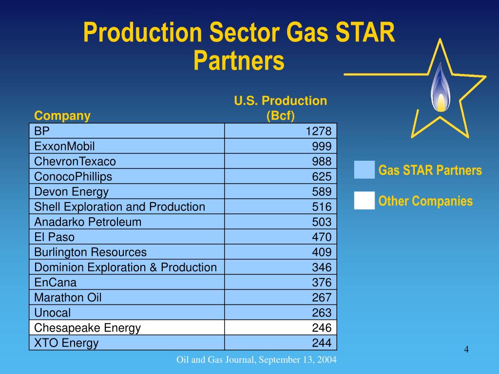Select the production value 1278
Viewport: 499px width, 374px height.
(x=318, y=131)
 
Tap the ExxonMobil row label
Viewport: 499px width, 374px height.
(x=64, y=146)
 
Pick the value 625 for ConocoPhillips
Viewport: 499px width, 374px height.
(x=322, y=176)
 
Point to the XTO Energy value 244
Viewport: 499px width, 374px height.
(x=322, y=343)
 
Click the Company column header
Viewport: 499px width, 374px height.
(x=62, y=116)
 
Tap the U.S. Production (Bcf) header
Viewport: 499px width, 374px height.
(x=280, y=108)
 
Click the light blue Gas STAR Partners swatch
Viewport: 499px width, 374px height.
(x=365, y=170)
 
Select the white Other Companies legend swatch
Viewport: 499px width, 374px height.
(x=365, y=201)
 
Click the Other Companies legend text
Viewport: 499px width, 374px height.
(x=425, y=201)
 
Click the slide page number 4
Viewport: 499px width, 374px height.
(x=466, y=350)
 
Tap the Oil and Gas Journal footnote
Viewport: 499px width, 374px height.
(x=256, y=360)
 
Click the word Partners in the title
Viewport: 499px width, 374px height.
(x=238, y=61)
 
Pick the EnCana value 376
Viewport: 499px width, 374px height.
(x=322, y=282)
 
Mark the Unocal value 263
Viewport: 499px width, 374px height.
(x=322, y=313)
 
